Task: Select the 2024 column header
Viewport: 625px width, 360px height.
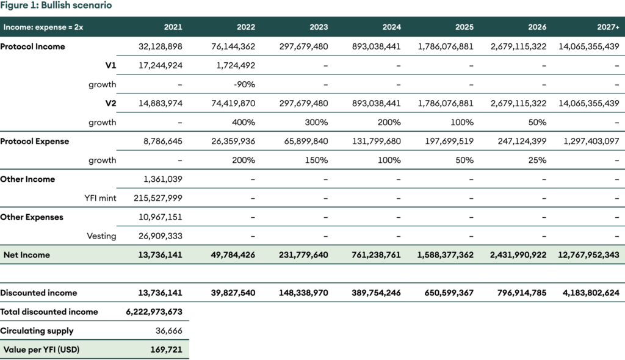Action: (x=391, y=27)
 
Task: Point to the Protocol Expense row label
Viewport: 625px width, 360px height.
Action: (x=35, y=141)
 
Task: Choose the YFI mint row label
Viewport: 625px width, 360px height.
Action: (x=100, y=198)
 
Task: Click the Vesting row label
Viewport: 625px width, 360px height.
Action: (x=102, y=236)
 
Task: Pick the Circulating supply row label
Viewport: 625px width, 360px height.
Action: (x=37, y=331)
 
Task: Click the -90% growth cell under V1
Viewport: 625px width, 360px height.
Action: (x=244, y=84)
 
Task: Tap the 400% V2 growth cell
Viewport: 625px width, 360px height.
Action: (x=244, y=122)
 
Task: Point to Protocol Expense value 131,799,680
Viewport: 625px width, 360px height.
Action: (x=377, y=141)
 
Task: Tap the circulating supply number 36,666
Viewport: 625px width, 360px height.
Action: (x=169, y=331)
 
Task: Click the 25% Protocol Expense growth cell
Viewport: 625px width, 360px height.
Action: (x=538, y=160)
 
